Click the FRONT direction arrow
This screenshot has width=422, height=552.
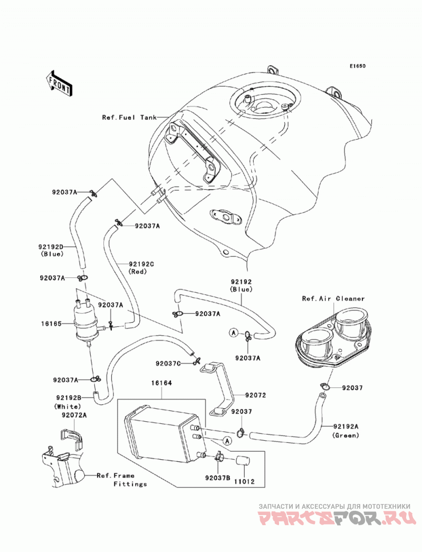tap(59, 84)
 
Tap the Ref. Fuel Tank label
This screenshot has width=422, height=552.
tap(129, 117)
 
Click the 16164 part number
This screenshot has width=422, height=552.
tap(162, 383)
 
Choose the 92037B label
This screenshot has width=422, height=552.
tap(218, 478)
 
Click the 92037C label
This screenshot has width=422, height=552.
tap(168, 363)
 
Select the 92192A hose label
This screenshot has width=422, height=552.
tap(346, 427)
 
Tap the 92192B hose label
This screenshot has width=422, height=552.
tap(69, 398)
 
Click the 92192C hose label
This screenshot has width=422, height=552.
tap(141, 264)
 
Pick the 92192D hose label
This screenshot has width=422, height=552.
tap(51, 247)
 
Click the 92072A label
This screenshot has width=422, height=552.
tap(74, 415)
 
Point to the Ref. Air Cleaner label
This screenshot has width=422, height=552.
tap(333, 298)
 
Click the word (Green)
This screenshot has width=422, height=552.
tap(346, 435)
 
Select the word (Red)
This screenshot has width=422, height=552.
tap(137, 272)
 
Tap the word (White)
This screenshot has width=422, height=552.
tap(68, 406)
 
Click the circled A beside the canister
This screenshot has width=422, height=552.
tap(227, 440)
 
